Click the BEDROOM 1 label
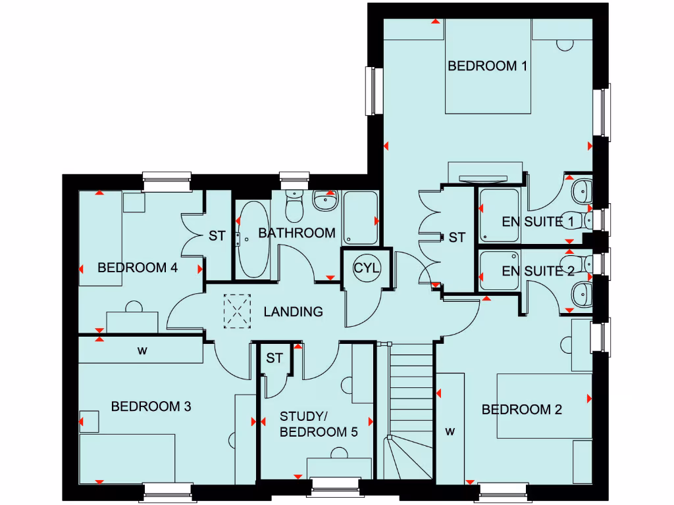(x=488, y=66)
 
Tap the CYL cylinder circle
(x=367, y=268)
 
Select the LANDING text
(x=294, y=312)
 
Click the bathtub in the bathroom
(x=253, y=239)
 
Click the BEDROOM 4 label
(x=138, y=268)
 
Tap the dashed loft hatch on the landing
(x=239, y=311)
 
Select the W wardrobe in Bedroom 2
(x=450, y=431)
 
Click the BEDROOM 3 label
(x=151, y=407)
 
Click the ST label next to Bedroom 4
(x=217, y=235)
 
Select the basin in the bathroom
(x=324, y=201)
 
